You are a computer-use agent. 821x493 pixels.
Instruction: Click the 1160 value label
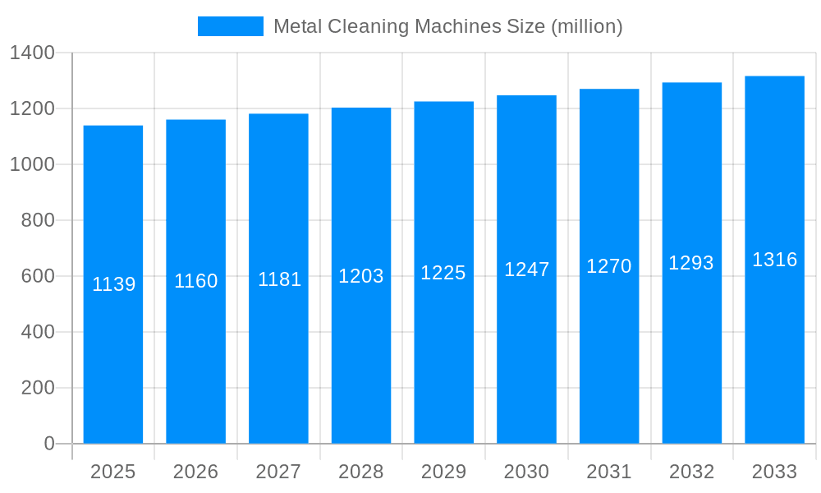[x=196, y=281]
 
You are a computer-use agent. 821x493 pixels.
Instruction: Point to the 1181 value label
[x=279, y=279]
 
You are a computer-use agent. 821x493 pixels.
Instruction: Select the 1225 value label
[x=443, y=273]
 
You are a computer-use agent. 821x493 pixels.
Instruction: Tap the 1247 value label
[x=526, y=270]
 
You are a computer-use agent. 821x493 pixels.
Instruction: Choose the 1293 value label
[x=691, y=263]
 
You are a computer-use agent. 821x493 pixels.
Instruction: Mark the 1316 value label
[x=774, y=260]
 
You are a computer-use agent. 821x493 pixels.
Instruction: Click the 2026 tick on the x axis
[x=196, y=472]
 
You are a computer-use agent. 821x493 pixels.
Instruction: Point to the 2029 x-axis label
[x=443, y=472]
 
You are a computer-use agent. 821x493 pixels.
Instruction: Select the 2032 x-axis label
[x=691, y=472]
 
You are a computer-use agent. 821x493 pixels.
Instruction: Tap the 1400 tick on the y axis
[x=32, y=53]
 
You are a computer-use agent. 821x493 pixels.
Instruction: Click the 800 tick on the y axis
[x=38, y=220]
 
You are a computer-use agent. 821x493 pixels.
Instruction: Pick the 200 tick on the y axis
[x=38, y=388]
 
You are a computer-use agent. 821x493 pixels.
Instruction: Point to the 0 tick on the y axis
[x=49, y=444]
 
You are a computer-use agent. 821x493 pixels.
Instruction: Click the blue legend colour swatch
[x=231, y=26]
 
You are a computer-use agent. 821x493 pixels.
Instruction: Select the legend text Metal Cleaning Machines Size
[x=447, y=26]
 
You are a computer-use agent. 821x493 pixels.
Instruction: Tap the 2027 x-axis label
[x=278, y=472]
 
